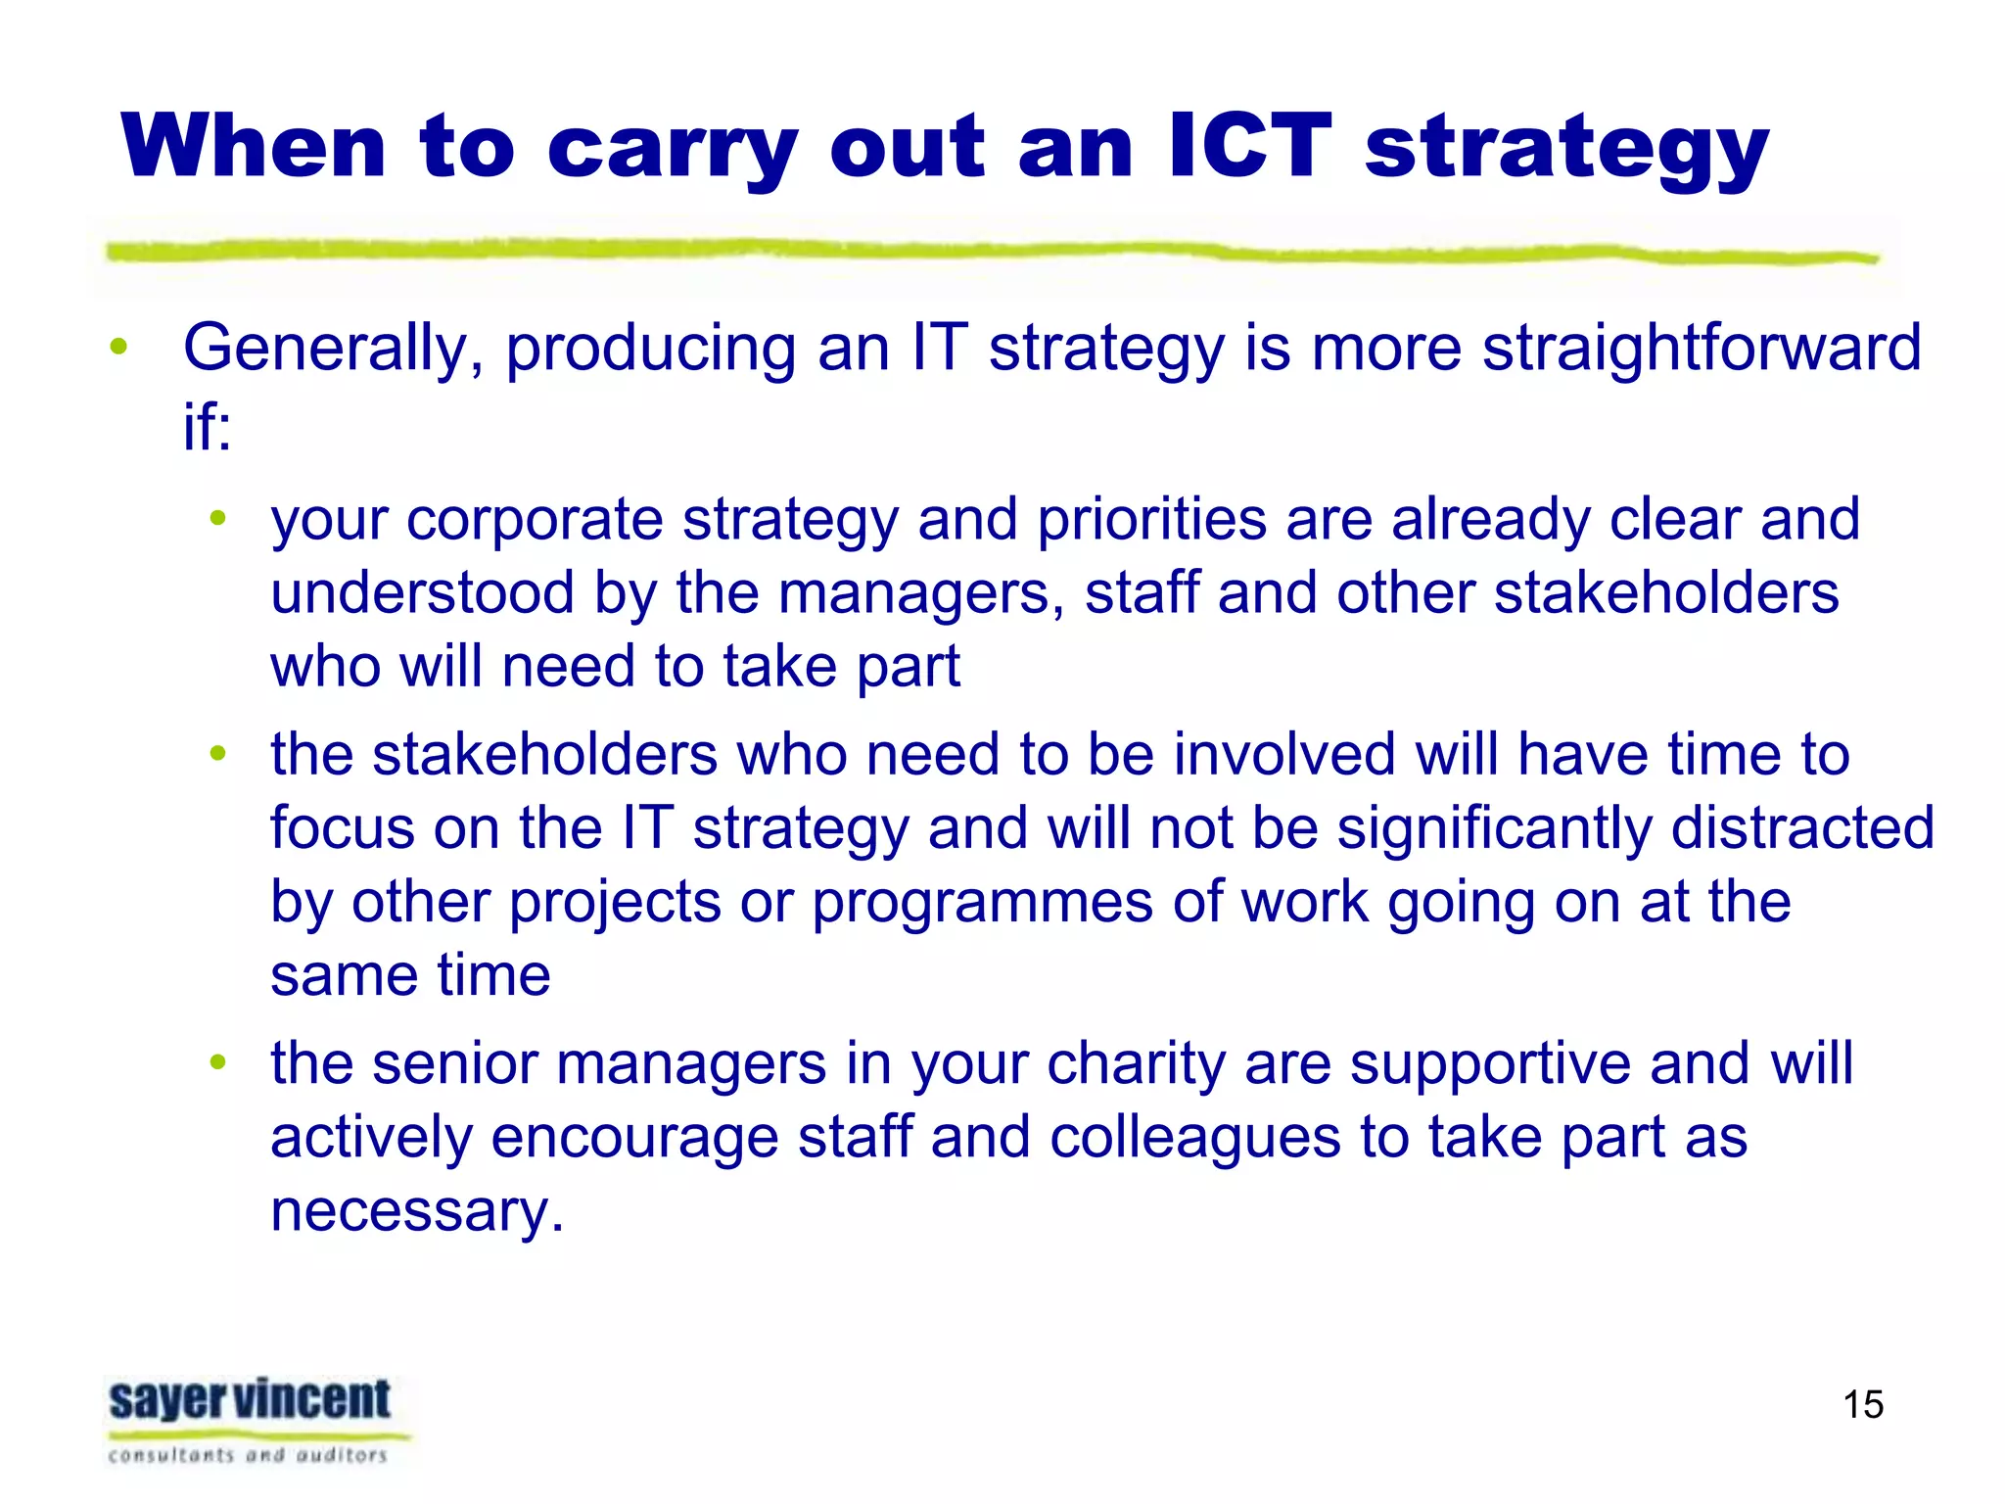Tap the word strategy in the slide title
click(x=1566, y=152)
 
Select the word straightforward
click(x=1702, y=350)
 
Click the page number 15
click(x=1862, y=1405)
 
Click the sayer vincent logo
click(x=251, y=1400)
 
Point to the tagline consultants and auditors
click(x=249, y=1455)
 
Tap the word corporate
click(x=535, y=520)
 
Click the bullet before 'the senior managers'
click(x=218, y=1062)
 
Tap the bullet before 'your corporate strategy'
click(x=218, y=517)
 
